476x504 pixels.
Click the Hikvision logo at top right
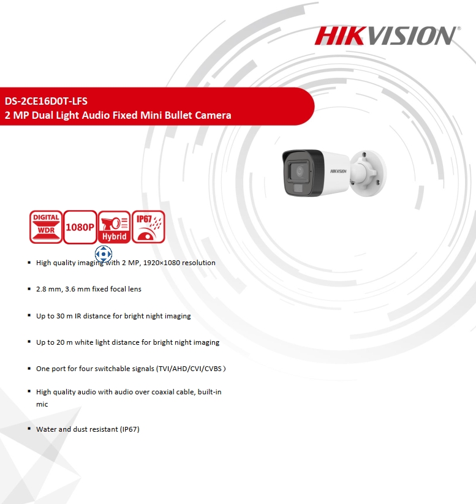click(x=388, y=36)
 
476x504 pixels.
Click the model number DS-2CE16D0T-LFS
click(x=46, y=101)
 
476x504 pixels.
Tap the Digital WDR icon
click(x=46, y=227)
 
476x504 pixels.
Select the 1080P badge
click(x=80, y=227)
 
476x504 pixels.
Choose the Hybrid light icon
click(x=114, y=227)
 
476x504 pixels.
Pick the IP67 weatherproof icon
click(x=148, y=227)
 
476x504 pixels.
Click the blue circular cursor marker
click(x=104, y=254)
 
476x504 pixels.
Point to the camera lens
click(x=300, y=171)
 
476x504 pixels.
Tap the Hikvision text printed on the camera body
click(x=338, y=171)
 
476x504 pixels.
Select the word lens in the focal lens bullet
click(x=134, y=289)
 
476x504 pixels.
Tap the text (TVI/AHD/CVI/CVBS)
click(x=191, y=369)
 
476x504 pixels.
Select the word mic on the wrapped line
click(x=42, y=404)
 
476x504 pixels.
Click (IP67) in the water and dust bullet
click(x=130, y=429)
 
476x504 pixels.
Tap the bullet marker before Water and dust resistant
click(x=29, y=429)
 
